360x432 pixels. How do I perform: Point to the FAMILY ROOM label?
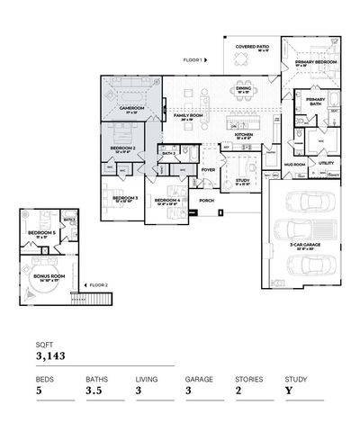(188, 116)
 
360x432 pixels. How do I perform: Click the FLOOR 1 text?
(192, 59)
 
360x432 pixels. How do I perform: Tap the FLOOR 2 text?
(98, 285)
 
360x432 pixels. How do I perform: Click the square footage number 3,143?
(52, 356)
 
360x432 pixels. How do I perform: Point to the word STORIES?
(248, 380)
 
